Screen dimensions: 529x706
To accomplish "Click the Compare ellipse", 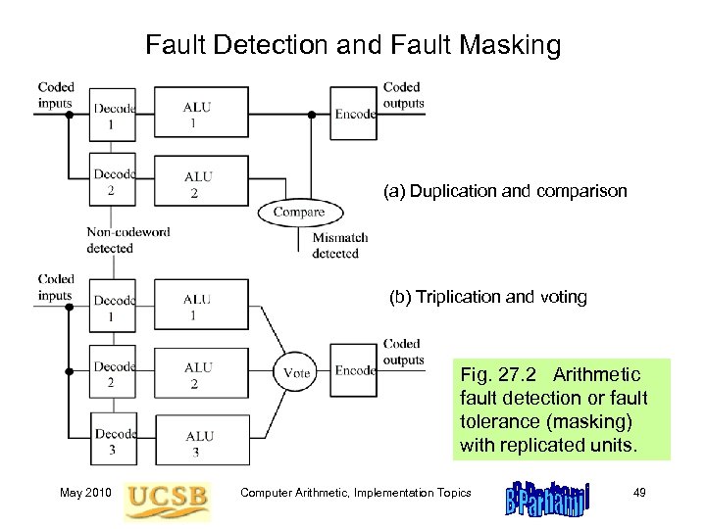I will (298, 212).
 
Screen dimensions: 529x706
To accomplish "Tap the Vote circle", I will (296, 372).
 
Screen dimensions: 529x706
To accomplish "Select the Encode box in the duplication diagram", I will (354, 113).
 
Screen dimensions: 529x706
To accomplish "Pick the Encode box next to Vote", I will (355, 370).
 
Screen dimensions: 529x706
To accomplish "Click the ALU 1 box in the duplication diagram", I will (199, 114).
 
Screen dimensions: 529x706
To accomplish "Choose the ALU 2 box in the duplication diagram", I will (199, 182).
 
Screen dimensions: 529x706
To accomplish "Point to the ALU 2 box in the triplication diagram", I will (199, 373).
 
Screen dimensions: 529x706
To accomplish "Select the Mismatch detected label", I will (339, 245).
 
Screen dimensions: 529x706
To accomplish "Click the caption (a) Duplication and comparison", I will (504, 192).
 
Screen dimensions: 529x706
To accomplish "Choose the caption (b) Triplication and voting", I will (488, 296).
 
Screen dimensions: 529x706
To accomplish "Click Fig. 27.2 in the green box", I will (499, 375).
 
